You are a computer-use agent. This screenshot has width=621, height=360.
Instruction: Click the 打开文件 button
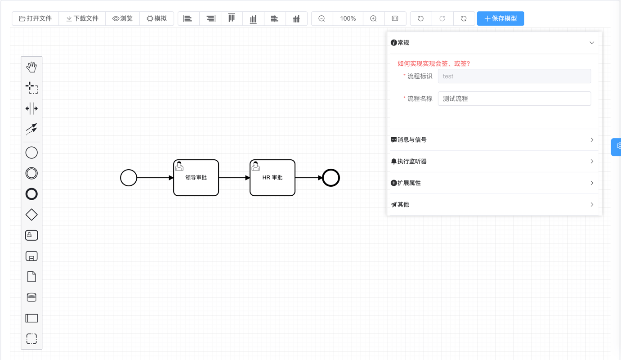tap(36, 18)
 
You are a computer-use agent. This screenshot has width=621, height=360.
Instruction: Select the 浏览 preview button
tap(123, 18)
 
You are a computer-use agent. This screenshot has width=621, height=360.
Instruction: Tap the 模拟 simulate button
tap(156, 18)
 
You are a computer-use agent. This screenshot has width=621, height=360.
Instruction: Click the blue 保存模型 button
tap(500, 18)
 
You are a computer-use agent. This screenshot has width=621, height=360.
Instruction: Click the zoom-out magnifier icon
tap(322, 18)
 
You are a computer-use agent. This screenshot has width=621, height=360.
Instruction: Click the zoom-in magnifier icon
tap(373, 18)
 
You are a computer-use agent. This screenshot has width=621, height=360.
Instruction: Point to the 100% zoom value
tap(348, 18)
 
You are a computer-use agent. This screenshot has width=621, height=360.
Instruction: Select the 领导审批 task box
tap(196, 178)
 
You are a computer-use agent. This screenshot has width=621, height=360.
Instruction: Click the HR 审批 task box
tap(273, 178)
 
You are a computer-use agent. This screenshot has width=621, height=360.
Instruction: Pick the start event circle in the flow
tap(129, 178)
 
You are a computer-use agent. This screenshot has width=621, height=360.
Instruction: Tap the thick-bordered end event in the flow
tap(331, 178)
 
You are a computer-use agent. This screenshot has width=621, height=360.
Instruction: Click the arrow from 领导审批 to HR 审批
tap(234, 178)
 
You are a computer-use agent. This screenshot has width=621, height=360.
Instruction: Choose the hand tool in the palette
tap(31, 67)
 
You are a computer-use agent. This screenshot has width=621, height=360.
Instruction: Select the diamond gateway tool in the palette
tap(31, 215)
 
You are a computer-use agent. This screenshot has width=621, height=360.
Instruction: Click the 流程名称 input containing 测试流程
tap(514, 99)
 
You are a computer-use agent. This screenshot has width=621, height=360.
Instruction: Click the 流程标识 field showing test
tap(514, 76)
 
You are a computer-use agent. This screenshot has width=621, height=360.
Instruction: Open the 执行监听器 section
tap(492, 161)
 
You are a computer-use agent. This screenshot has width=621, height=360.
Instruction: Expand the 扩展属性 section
tap(492, 183)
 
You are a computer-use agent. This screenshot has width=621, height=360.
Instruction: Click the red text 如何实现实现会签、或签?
tap(433, 63)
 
